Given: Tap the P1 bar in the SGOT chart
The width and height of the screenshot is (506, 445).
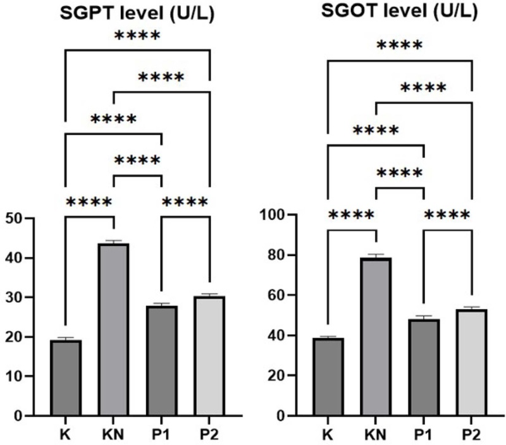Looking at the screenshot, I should pos(424,367).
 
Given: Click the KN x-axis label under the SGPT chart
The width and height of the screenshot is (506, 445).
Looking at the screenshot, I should pos(114,435).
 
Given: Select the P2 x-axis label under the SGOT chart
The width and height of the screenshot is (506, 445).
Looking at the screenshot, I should pos(472,435).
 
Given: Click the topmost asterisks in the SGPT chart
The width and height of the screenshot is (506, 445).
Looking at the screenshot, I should pos(137,36).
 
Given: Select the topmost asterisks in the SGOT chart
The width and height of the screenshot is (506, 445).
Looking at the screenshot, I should pos(399,46).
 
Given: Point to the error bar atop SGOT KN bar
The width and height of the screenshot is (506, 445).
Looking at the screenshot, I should pos(376,255).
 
